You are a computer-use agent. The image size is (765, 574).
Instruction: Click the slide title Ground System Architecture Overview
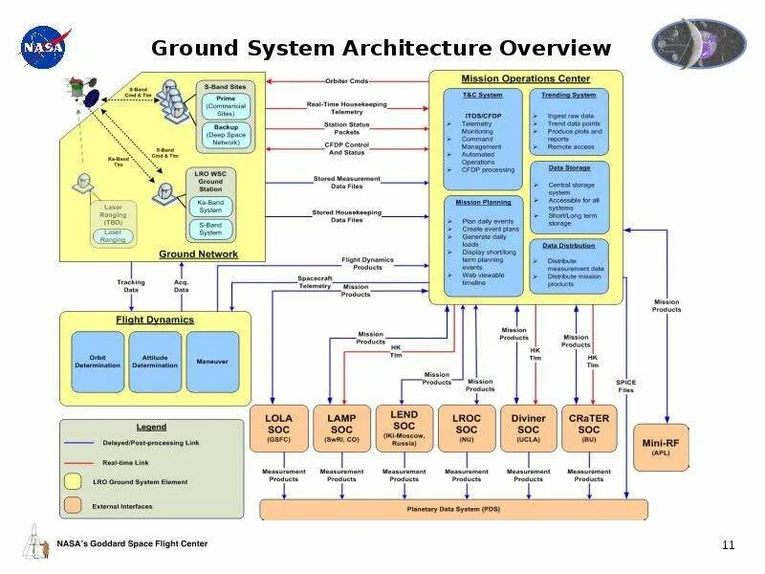[x=381, y=49]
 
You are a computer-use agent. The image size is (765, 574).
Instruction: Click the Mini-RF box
[x=661, y=447]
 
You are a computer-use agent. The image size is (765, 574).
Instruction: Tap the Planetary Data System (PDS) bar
[x=453, y=510]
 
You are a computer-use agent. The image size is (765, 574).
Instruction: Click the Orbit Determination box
[x=98, y=361]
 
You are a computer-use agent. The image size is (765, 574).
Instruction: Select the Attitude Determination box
[x=154, y=361]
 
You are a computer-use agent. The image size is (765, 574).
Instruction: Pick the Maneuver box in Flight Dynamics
[x=211, y=361]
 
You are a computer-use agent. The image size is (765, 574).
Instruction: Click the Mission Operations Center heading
[x=525, y=78]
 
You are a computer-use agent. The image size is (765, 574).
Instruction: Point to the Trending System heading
[x=568, y=95]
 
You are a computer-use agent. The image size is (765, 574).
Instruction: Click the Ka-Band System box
[x=209, y=207]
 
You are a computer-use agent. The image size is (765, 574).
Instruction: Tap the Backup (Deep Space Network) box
[x=226, y=133]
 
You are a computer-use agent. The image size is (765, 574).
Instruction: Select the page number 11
[x=728, y=545]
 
